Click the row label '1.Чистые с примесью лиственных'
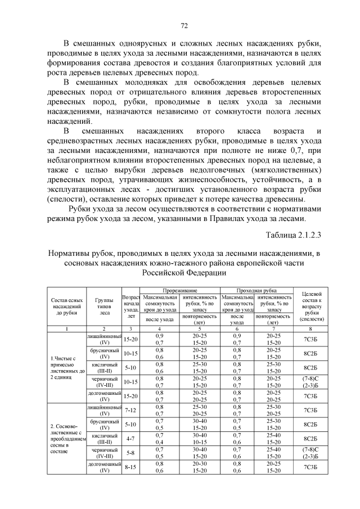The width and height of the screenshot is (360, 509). [x=66, y=366]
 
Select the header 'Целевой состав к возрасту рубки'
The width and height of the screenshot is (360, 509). [x=312, y=304]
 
